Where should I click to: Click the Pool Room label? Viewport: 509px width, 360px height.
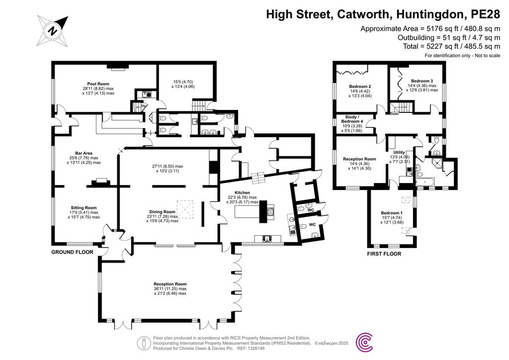(x=98, y=84)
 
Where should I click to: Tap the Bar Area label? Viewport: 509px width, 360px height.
(x=84, y=153)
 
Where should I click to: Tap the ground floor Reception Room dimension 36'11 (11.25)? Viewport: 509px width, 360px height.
(x=170, y=288)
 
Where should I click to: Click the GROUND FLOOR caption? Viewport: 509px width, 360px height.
(x=73, y=252)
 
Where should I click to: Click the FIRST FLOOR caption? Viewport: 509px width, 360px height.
(x=384, y=254)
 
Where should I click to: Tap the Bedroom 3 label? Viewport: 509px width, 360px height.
(x=422, y=81)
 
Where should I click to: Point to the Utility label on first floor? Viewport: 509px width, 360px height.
(x=399, y=152)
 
